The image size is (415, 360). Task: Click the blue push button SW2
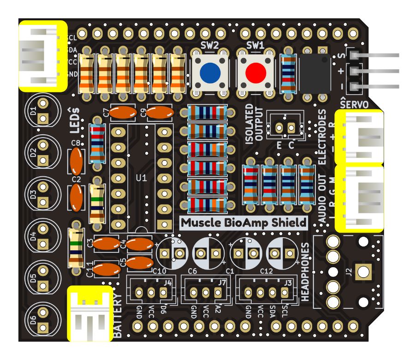click(x=210, y=72)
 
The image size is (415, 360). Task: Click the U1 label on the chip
click(x=142, y=178)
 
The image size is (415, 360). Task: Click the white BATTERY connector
click(x=90, y=315)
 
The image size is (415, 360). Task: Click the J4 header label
click(x=168, y=283)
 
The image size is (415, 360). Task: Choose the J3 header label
click(x=288, y=283)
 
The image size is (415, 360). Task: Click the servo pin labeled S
click(x=354, y=55)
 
